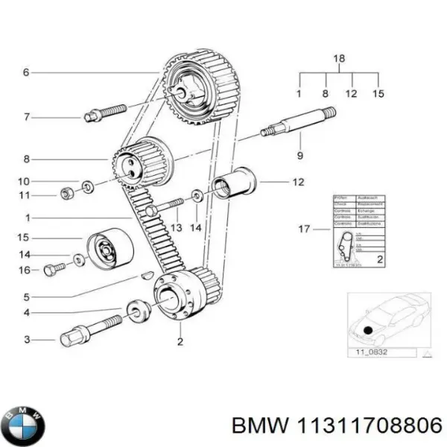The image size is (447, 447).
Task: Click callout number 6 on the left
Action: pos(25,72)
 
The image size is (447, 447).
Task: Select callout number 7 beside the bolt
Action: pos(25,116)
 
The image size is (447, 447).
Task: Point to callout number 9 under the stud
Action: pos(300,156)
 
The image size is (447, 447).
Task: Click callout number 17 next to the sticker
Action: pos(304,229)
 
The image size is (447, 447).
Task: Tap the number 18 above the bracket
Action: pos(339,57)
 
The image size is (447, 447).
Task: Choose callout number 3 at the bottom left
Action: pos(27,340)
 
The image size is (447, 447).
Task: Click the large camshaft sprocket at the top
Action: pos(195,88)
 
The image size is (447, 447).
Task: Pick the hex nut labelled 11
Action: pos(66,195)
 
